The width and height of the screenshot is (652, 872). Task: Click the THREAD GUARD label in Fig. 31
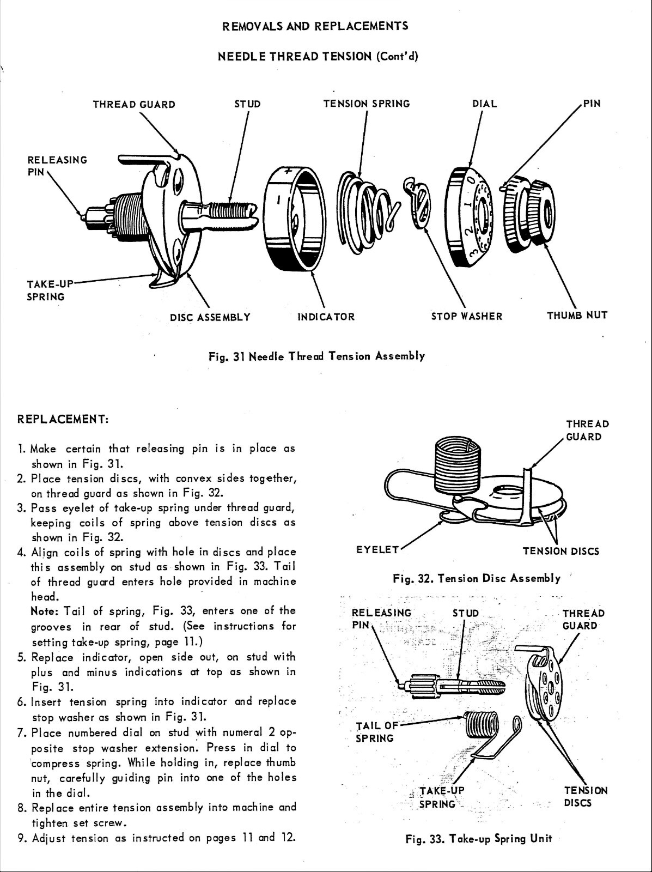click(x=134, y=104)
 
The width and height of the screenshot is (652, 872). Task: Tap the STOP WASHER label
click(x=466, y=316)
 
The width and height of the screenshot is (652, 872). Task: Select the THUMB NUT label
click(x=577, y=315)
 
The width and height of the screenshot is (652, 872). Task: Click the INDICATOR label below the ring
click(x=326, y=317)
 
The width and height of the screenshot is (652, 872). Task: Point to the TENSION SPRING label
click(x=366, y=104)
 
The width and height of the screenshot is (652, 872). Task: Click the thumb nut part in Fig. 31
click(x=527, y=214)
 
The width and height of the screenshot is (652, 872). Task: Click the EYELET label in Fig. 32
click(x=377, y=549)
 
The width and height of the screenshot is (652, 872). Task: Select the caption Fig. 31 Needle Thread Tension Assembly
click(x=316, y=356)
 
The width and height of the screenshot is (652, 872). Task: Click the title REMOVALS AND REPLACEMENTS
click(x=315, y=26)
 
